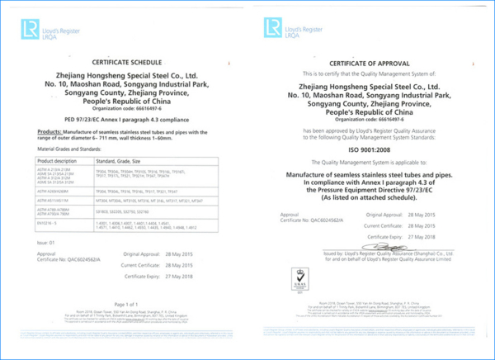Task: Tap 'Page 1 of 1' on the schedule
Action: (x=124, y=305)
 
